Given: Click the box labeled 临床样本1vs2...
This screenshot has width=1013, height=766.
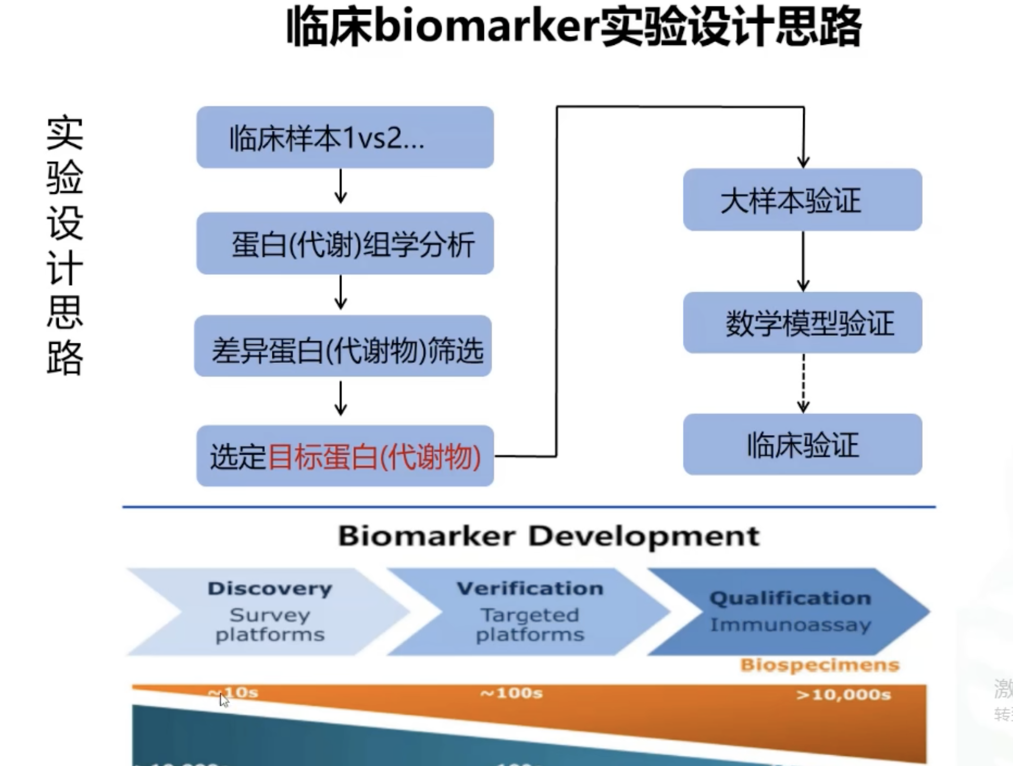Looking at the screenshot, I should point(345,138).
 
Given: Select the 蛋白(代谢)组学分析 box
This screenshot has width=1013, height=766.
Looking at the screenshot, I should point(345,243).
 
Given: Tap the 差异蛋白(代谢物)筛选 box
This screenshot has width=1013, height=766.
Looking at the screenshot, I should point(343,346).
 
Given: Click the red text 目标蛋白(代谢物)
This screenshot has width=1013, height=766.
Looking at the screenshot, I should point(374,457).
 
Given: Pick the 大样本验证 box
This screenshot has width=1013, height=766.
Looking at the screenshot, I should point(802,200).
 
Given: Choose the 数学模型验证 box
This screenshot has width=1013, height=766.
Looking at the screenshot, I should point(802,323).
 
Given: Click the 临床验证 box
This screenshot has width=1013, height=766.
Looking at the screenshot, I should point(802,444).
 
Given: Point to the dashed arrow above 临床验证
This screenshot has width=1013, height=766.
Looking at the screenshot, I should point(803,384).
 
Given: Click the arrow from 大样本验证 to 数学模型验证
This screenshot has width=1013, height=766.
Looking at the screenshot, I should point(803,261).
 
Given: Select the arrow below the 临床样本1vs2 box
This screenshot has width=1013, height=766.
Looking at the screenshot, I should point(340,186).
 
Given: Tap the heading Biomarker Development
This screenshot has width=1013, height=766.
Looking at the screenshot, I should point(548,536).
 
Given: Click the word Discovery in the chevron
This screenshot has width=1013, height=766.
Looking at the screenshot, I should point(270,589).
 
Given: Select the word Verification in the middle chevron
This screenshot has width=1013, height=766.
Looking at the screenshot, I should point(530,588).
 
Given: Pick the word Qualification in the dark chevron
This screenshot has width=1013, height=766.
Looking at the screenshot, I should point(790,598).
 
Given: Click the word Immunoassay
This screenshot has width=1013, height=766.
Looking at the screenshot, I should point(790,625).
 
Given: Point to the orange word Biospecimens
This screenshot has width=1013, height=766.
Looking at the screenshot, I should point(820,665).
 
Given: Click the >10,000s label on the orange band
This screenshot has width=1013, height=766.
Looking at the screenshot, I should point(843,695).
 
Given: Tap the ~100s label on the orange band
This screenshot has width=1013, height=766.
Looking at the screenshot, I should point(511,693).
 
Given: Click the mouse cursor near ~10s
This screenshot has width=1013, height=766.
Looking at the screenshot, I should point(224,700).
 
